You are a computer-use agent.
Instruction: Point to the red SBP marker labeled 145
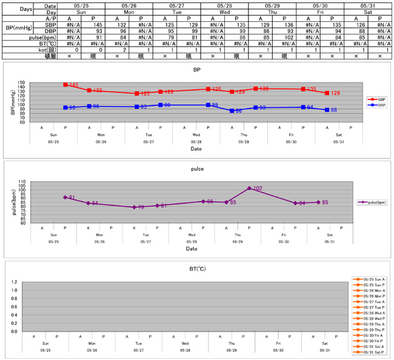(x=65, y=85)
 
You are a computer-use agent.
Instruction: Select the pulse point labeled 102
(x=249, y=188)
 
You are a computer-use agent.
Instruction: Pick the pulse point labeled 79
(x=134, y=207)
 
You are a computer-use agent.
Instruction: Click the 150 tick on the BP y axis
(x=22, y=83)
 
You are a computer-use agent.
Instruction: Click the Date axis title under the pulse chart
(x=192, y=248)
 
